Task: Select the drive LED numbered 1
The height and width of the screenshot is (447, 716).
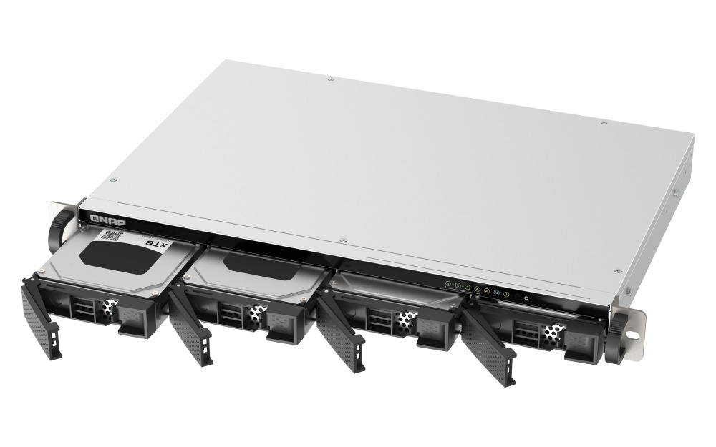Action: [449, 284]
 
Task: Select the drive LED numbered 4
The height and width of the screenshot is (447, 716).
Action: [477, 288]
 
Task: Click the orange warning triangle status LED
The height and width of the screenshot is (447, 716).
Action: [487, 290]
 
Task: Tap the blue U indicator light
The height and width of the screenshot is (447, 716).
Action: [496, 292]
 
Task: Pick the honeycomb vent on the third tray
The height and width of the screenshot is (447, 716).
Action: [405, 321]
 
